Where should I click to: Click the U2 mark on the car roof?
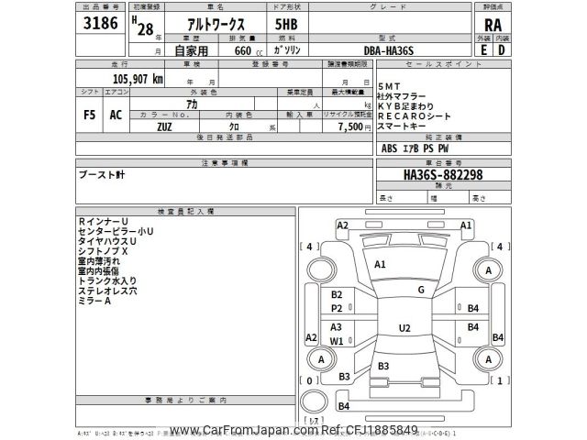(404, 327)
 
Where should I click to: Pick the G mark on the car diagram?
(420, 290)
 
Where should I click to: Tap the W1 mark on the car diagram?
(337, 341)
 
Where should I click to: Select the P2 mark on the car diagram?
(337, 309)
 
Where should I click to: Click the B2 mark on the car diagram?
(337, 294)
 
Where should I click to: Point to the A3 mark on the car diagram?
(337, 327)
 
